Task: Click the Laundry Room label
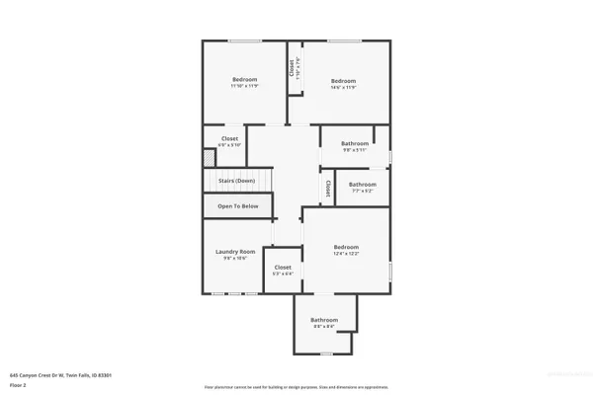(235, 251)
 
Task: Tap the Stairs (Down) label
(236, 181)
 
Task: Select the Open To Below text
(238, 205)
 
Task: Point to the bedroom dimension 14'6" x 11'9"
(343, 87)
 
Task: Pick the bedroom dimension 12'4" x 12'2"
(345, 254)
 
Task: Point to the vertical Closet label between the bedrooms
(293, 68)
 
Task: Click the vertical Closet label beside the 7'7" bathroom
(328, 186)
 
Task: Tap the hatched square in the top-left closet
(209, 158)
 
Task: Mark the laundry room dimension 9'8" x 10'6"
(235, 258)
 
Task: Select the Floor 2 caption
(18, 385)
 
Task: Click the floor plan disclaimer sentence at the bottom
(296, 386)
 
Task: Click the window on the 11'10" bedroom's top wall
(244, 40)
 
